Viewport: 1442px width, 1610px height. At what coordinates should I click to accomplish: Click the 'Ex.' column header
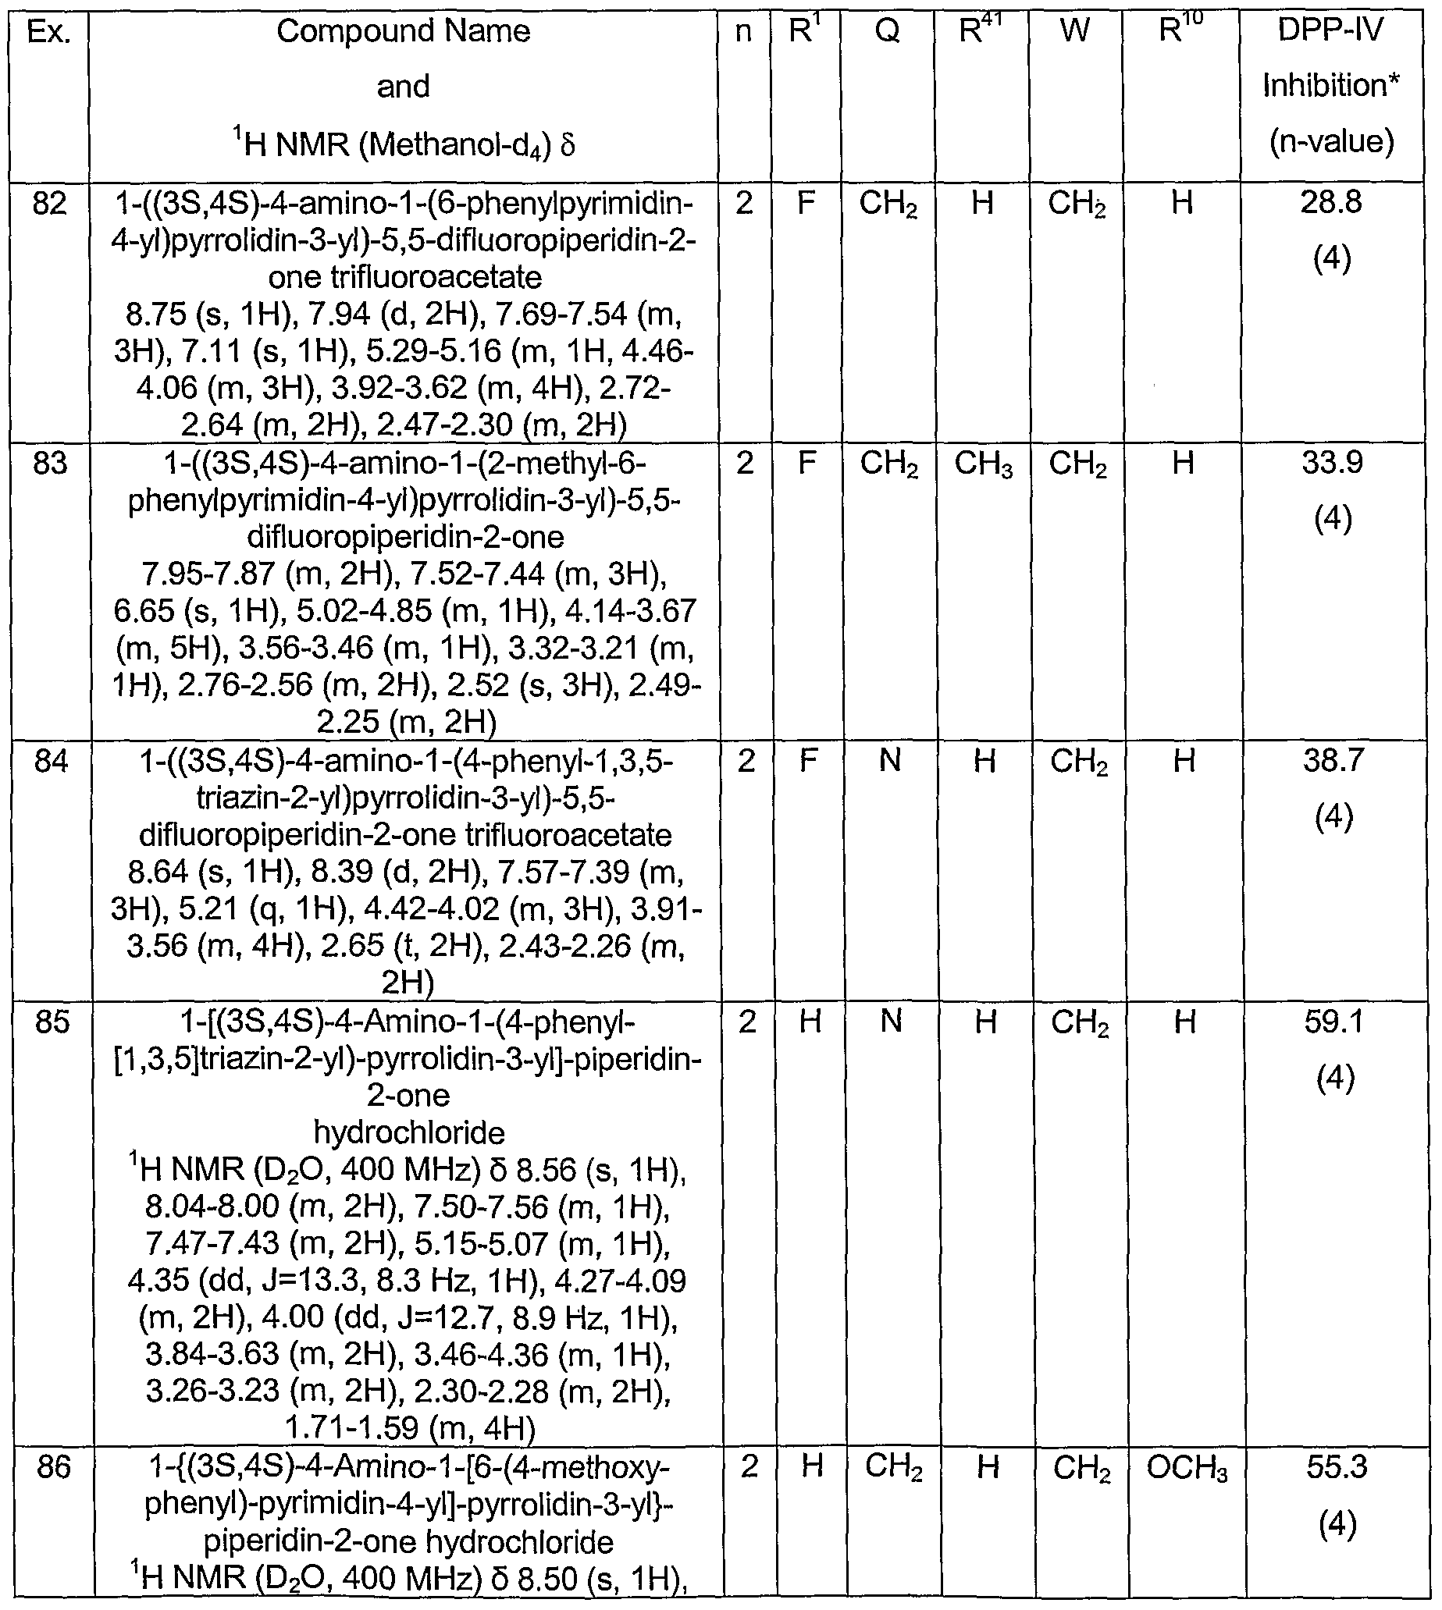(48, 33)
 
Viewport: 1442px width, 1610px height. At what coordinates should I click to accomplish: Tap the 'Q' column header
(888, 33)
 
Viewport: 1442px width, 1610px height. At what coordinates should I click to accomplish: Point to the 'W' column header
(1074, 33)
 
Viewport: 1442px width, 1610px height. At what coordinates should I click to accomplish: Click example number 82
(49, 204)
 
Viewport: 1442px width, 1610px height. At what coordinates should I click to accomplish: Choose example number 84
(51, 762)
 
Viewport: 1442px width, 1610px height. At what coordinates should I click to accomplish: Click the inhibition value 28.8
(1331, 203)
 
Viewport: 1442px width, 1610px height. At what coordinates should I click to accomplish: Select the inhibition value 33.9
(1332, 463)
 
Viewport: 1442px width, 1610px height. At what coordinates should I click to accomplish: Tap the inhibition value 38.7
(1333, 760)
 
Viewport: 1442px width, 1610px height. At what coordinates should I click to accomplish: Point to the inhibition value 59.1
(1334, 1022)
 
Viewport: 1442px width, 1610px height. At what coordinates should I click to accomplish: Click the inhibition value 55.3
(1337, 1467)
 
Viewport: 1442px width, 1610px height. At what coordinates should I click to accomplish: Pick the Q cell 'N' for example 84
(890, 761)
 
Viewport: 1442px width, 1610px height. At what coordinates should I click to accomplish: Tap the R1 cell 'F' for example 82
(805, 204)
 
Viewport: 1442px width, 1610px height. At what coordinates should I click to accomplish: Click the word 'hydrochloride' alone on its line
(409, 1133)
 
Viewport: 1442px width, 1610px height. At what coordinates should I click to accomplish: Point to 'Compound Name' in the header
(404, 32)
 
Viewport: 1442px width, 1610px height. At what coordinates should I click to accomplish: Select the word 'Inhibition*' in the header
(1330, 86)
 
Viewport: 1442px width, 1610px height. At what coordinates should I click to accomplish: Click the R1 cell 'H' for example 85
(810, 1022)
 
